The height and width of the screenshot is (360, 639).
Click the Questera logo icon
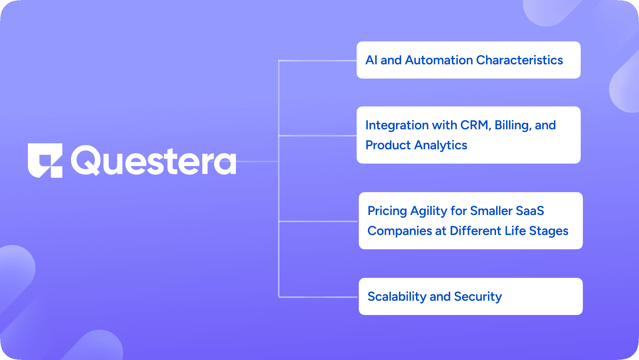pos(45,160)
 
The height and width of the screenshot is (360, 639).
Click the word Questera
pos(154,161)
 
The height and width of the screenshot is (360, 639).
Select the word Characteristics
pos(520,60)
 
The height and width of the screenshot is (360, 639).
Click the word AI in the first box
pos(371,60)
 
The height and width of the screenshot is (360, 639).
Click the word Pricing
pos(387,211)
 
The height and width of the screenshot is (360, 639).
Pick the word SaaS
pos(530,211)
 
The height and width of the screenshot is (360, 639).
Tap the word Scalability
pos(397,296)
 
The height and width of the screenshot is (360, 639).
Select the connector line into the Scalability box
pos(318,297)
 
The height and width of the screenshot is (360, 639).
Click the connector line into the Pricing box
pos(318,221)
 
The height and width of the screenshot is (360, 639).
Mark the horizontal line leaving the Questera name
pos(257,161)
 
